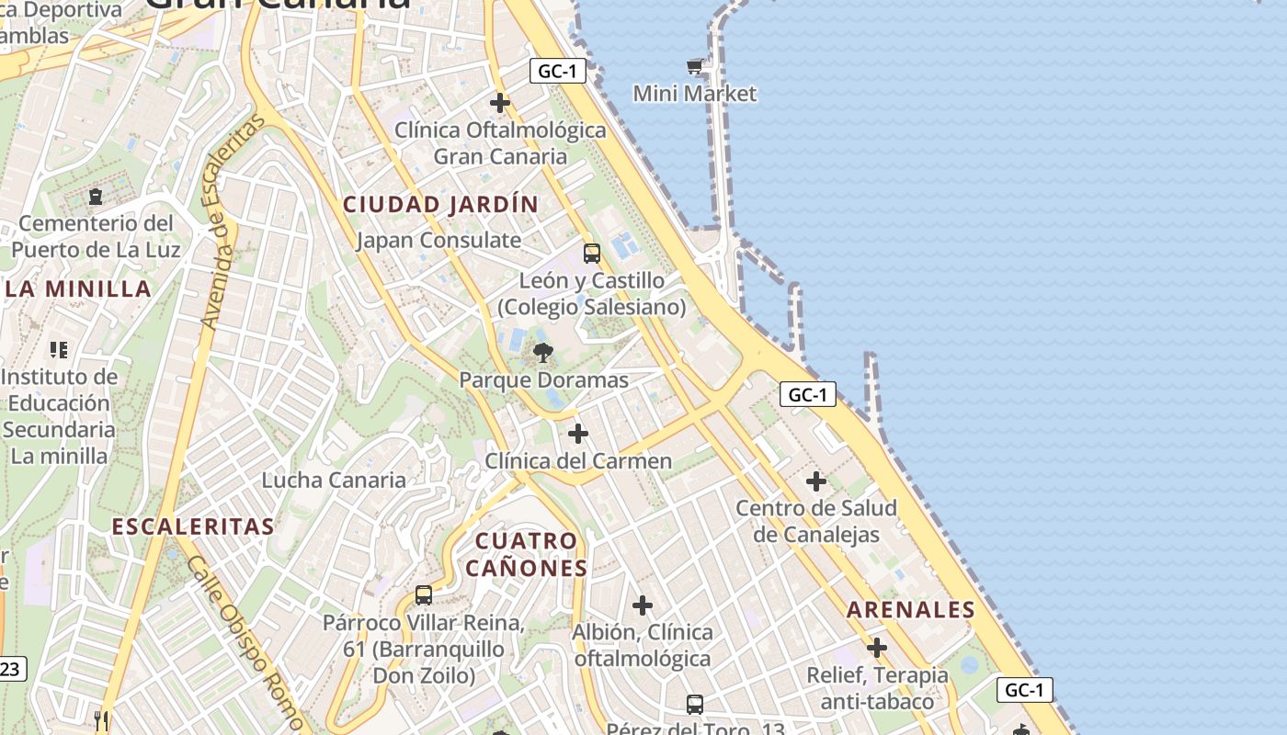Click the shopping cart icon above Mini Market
point(695,66)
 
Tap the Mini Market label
point(695,94)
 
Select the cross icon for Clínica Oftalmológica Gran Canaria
point(500,102)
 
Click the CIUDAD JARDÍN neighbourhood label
point(440,204)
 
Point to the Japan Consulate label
point(438,241)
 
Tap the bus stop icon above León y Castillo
point(592,254)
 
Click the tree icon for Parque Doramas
point(543,351)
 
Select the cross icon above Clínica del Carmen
point(578,433)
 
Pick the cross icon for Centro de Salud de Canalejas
point(816,481)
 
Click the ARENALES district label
point(911,610)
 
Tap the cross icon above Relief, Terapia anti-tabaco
point(877,648)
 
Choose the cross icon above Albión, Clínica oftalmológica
point(643,605)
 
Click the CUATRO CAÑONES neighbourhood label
point(526,554)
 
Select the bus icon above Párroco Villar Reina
point(424,595)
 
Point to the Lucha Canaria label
point(334,480)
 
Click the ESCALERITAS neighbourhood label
point(193,526)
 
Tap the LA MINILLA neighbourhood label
point(78,289)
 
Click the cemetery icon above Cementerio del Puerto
point(95,196)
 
